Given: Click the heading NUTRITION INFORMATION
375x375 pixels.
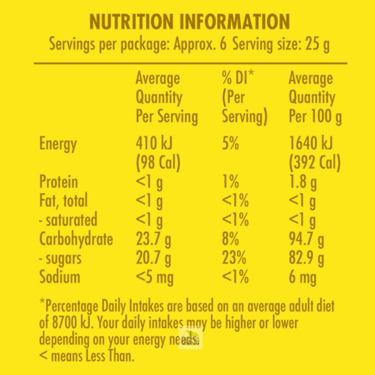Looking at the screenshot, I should point(189,22).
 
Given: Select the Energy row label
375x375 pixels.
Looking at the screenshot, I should point(58,144).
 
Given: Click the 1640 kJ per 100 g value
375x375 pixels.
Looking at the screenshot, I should point(310,144).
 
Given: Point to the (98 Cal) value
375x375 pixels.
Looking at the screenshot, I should point(158,163).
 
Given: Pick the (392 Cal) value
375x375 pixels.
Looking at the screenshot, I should point(315,163).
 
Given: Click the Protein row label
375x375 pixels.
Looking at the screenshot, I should point(59,182).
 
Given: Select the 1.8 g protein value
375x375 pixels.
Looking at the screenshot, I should point(302,182).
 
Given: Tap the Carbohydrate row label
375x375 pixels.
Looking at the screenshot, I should point(76,239).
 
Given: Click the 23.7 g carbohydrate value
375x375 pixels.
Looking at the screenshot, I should point(153,239).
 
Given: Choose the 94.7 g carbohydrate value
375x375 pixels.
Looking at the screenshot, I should point(306,239).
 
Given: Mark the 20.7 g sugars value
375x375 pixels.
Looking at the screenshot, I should point(153,258).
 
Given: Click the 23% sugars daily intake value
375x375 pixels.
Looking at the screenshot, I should point(235,258).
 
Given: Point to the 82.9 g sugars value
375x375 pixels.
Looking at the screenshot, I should point(306,258).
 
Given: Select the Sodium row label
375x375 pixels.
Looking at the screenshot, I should point(60,277).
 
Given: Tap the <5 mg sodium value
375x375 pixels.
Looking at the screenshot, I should point(154,277).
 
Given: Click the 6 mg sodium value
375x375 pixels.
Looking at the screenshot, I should point(302,277).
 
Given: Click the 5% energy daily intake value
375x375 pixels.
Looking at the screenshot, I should point(231,144).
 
